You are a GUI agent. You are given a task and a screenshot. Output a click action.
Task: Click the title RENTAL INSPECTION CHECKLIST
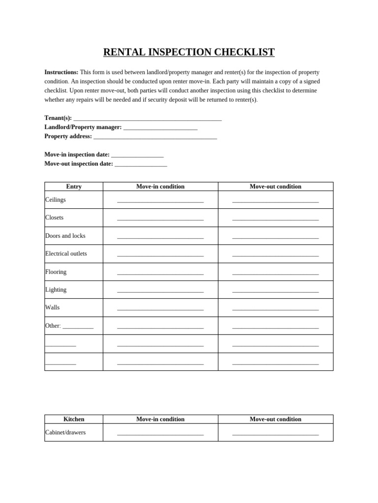tap(189, 53)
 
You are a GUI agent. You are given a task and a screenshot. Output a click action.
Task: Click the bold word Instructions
tap(61, 72)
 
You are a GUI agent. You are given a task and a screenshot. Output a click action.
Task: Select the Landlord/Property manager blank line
tap(160, 128)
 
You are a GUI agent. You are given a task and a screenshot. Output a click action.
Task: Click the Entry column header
tap(74, 187)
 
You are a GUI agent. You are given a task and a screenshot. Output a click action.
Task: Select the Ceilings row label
tap(56, 200)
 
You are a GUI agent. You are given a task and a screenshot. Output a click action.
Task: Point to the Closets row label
tap(55, 218)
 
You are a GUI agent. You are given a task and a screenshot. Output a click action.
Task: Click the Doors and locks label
tap(65, 236)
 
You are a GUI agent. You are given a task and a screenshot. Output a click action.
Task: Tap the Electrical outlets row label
tap(66, 253)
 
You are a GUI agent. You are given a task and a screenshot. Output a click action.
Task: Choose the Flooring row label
tap(56, 272)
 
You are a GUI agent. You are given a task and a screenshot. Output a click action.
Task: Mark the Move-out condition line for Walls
tap(276, 309)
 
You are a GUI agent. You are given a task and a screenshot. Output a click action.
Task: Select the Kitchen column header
tap(74, 419)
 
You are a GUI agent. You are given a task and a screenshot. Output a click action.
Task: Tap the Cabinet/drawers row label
tap(65, 432)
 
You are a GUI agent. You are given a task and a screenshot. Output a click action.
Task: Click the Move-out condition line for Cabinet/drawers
tap(276, 434)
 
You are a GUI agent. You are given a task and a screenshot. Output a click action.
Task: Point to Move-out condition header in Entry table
tap(276, 187)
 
